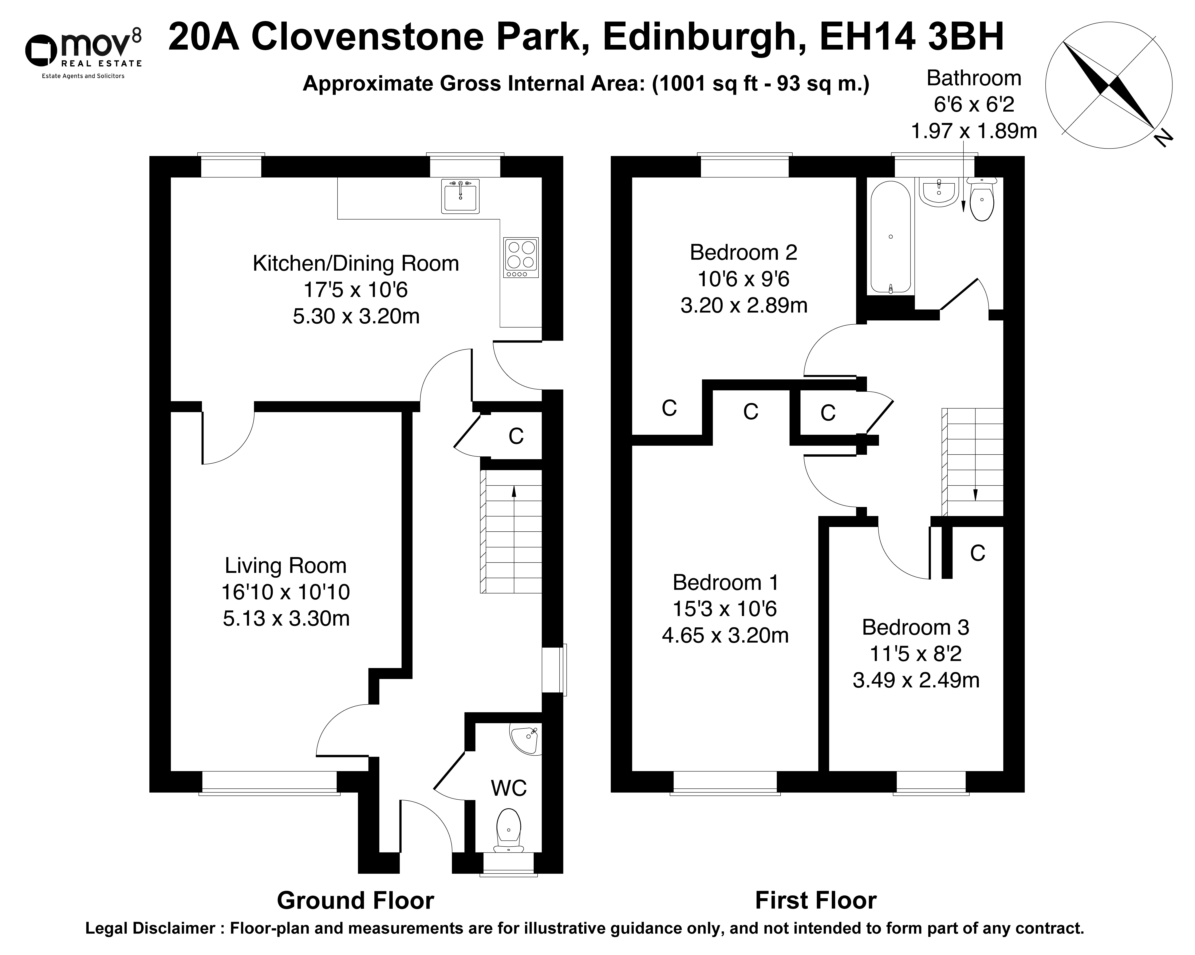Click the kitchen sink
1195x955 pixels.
pos(460,196)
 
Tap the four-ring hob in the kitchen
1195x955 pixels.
pos(521,257)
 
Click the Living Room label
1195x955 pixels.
pos(285,566)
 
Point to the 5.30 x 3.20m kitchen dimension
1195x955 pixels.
pos(356,316)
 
